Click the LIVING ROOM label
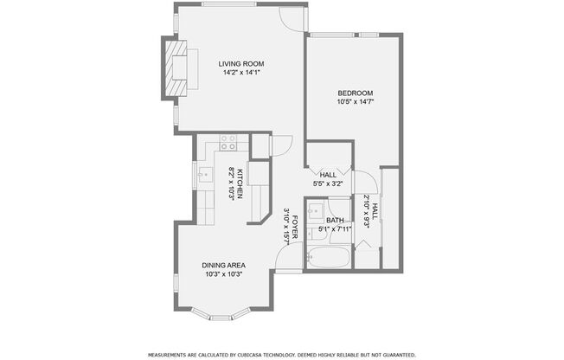(241, 64)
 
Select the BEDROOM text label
(355, 93)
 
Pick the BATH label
(335, 221)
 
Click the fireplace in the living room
(176, 72)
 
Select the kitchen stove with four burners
(228, 141)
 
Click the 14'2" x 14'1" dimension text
(241, 74)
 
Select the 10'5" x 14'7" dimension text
(355, 102)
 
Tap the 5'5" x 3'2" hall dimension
(329, 183)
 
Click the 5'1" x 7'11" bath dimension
(335, 229)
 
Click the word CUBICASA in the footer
(259, 355)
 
